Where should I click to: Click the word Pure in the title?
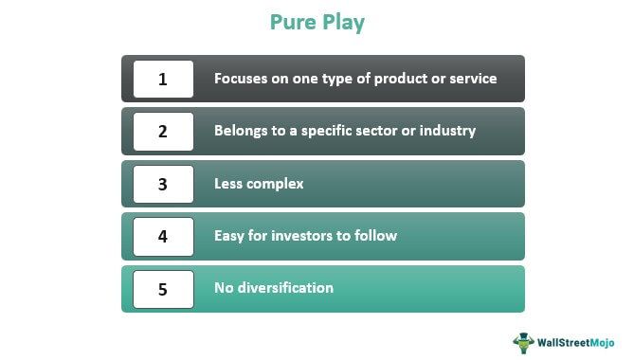tap(293, 22)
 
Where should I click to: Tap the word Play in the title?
tap(344, 23)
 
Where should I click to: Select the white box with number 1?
tap(163, 79)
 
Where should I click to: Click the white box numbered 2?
tap(163, 132)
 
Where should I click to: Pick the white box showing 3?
tap(163, 184)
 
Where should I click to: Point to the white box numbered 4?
tap(163, 236)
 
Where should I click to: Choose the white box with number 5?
tap(163, 289)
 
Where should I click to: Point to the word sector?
tap(373, 131)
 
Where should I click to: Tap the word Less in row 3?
tap(228, 184)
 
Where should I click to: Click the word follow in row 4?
tap(375, 236)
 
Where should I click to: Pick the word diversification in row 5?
tap(285, 288)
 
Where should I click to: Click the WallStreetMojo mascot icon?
tap(524, 343)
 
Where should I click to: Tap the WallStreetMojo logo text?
tap(576, 343)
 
